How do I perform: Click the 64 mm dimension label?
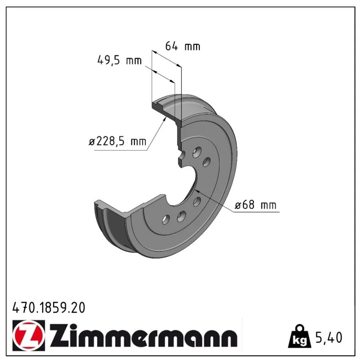coord(183,46)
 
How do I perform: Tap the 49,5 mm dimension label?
coord(120,60)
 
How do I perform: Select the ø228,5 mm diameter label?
coord(117,141)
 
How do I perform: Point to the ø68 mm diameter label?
coord(255,205)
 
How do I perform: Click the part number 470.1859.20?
coord(49,308)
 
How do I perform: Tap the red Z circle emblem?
coord(29,335)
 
